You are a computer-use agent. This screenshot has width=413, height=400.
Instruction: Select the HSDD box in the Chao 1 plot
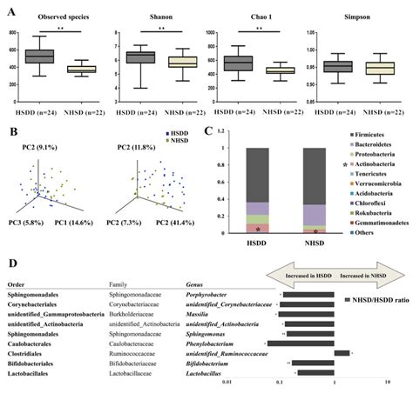click(x=259, y=63)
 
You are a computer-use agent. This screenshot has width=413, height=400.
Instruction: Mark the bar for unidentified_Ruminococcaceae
click(x=342, y=353)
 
